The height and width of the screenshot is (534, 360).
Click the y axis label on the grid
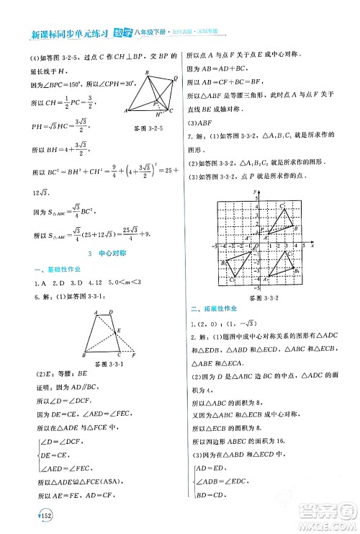(x=256, y=190)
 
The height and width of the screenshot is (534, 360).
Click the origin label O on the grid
(x=256, y=249)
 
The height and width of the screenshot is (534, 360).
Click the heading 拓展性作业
(x=216, y=311)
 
